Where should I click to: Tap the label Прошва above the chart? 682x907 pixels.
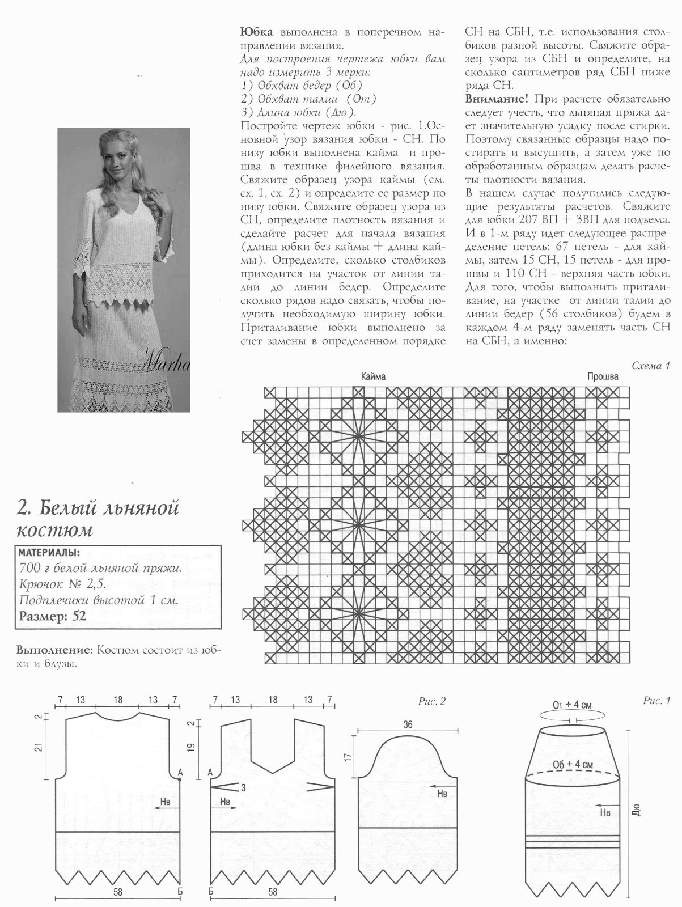pos(603,376)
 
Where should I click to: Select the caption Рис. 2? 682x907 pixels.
pos(433,702)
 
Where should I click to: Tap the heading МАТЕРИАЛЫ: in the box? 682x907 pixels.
pos(49,553)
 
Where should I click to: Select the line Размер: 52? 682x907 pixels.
pos(52,616)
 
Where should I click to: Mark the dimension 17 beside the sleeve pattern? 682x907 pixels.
pos(348,756)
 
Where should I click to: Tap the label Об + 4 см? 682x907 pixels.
pos(573,765)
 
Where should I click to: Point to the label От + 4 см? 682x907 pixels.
pos(572,706)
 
